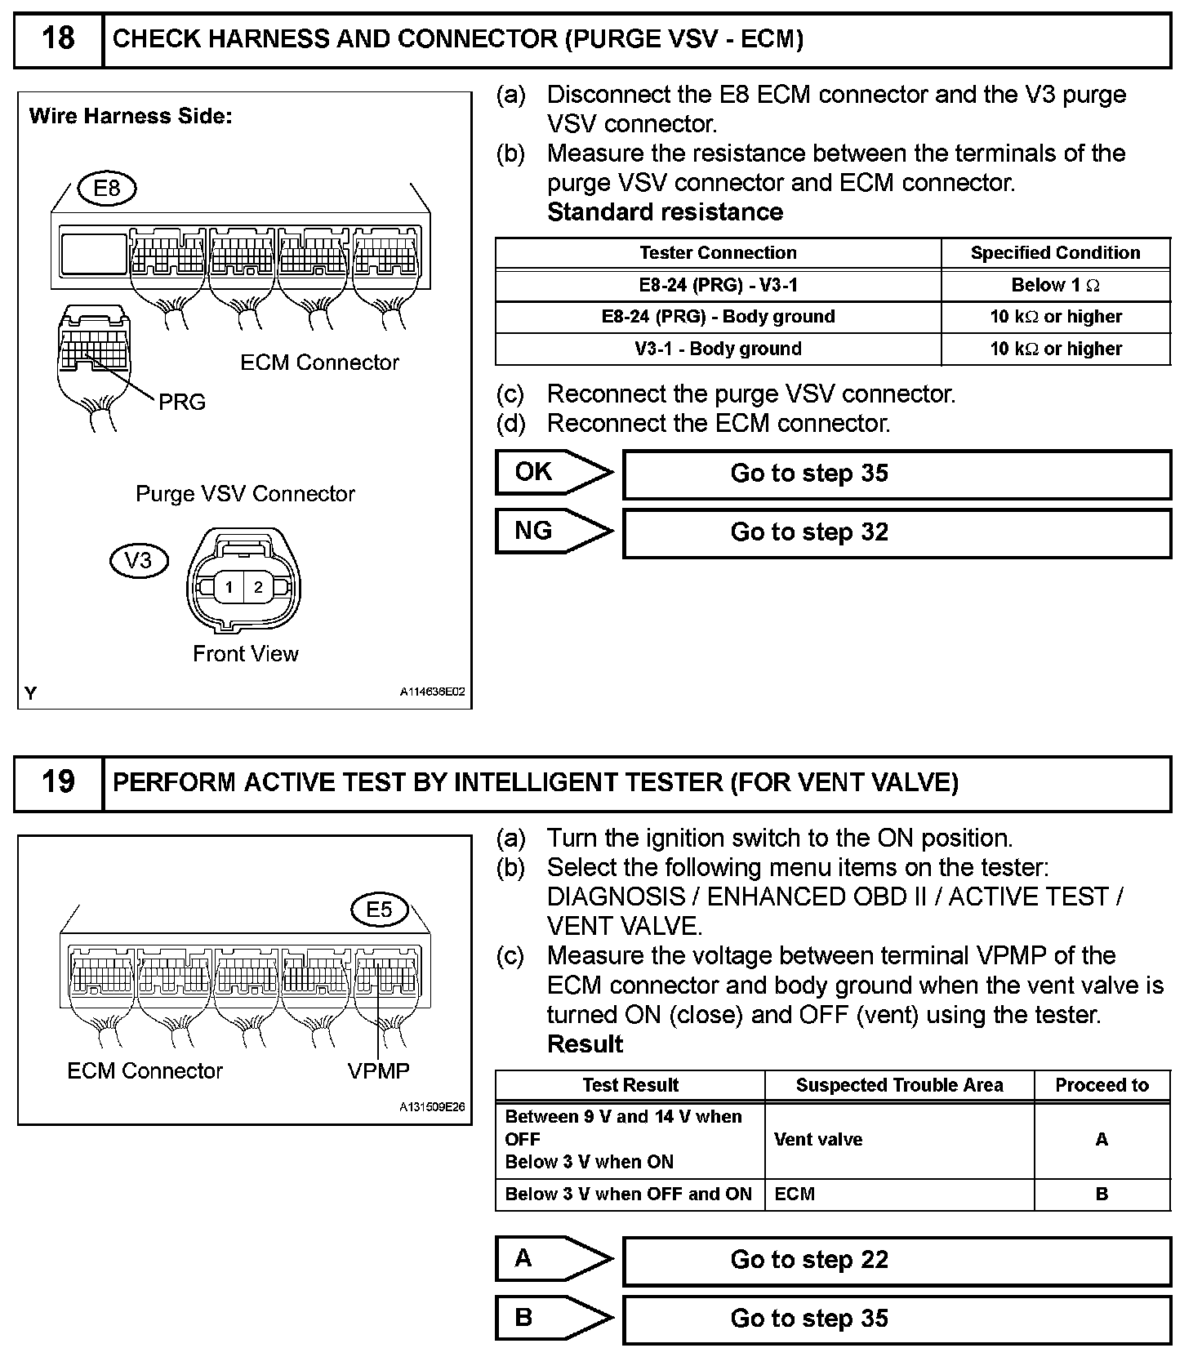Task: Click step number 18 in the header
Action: point(58,39)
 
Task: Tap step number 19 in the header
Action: point(58,782)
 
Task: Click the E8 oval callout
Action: point(107,189)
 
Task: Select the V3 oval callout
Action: point(138,561)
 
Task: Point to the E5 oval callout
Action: point(379,910)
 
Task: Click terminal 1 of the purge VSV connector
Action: point(229,587)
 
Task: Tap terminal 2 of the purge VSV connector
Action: point(259,587)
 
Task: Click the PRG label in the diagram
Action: point(182,403)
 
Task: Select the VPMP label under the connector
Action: point(379,1070)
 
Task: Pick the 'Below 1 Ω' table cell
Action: point(1055,285)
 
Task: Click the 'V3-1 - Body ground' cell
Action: point(718,349)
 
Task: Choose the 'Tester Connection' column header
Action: point(718,253)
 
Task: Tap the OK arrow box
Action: point(552,473)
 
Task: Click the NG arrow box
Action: point(552,532)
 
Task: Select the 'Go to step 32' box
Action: point(896,532)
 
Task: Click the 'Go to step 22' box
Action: point(896,1260)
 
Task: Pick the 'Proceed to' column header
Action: point(1102,1085)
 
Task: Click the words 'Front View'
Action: point(246,654)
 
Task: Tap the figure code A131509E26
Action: point(432,1108)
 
